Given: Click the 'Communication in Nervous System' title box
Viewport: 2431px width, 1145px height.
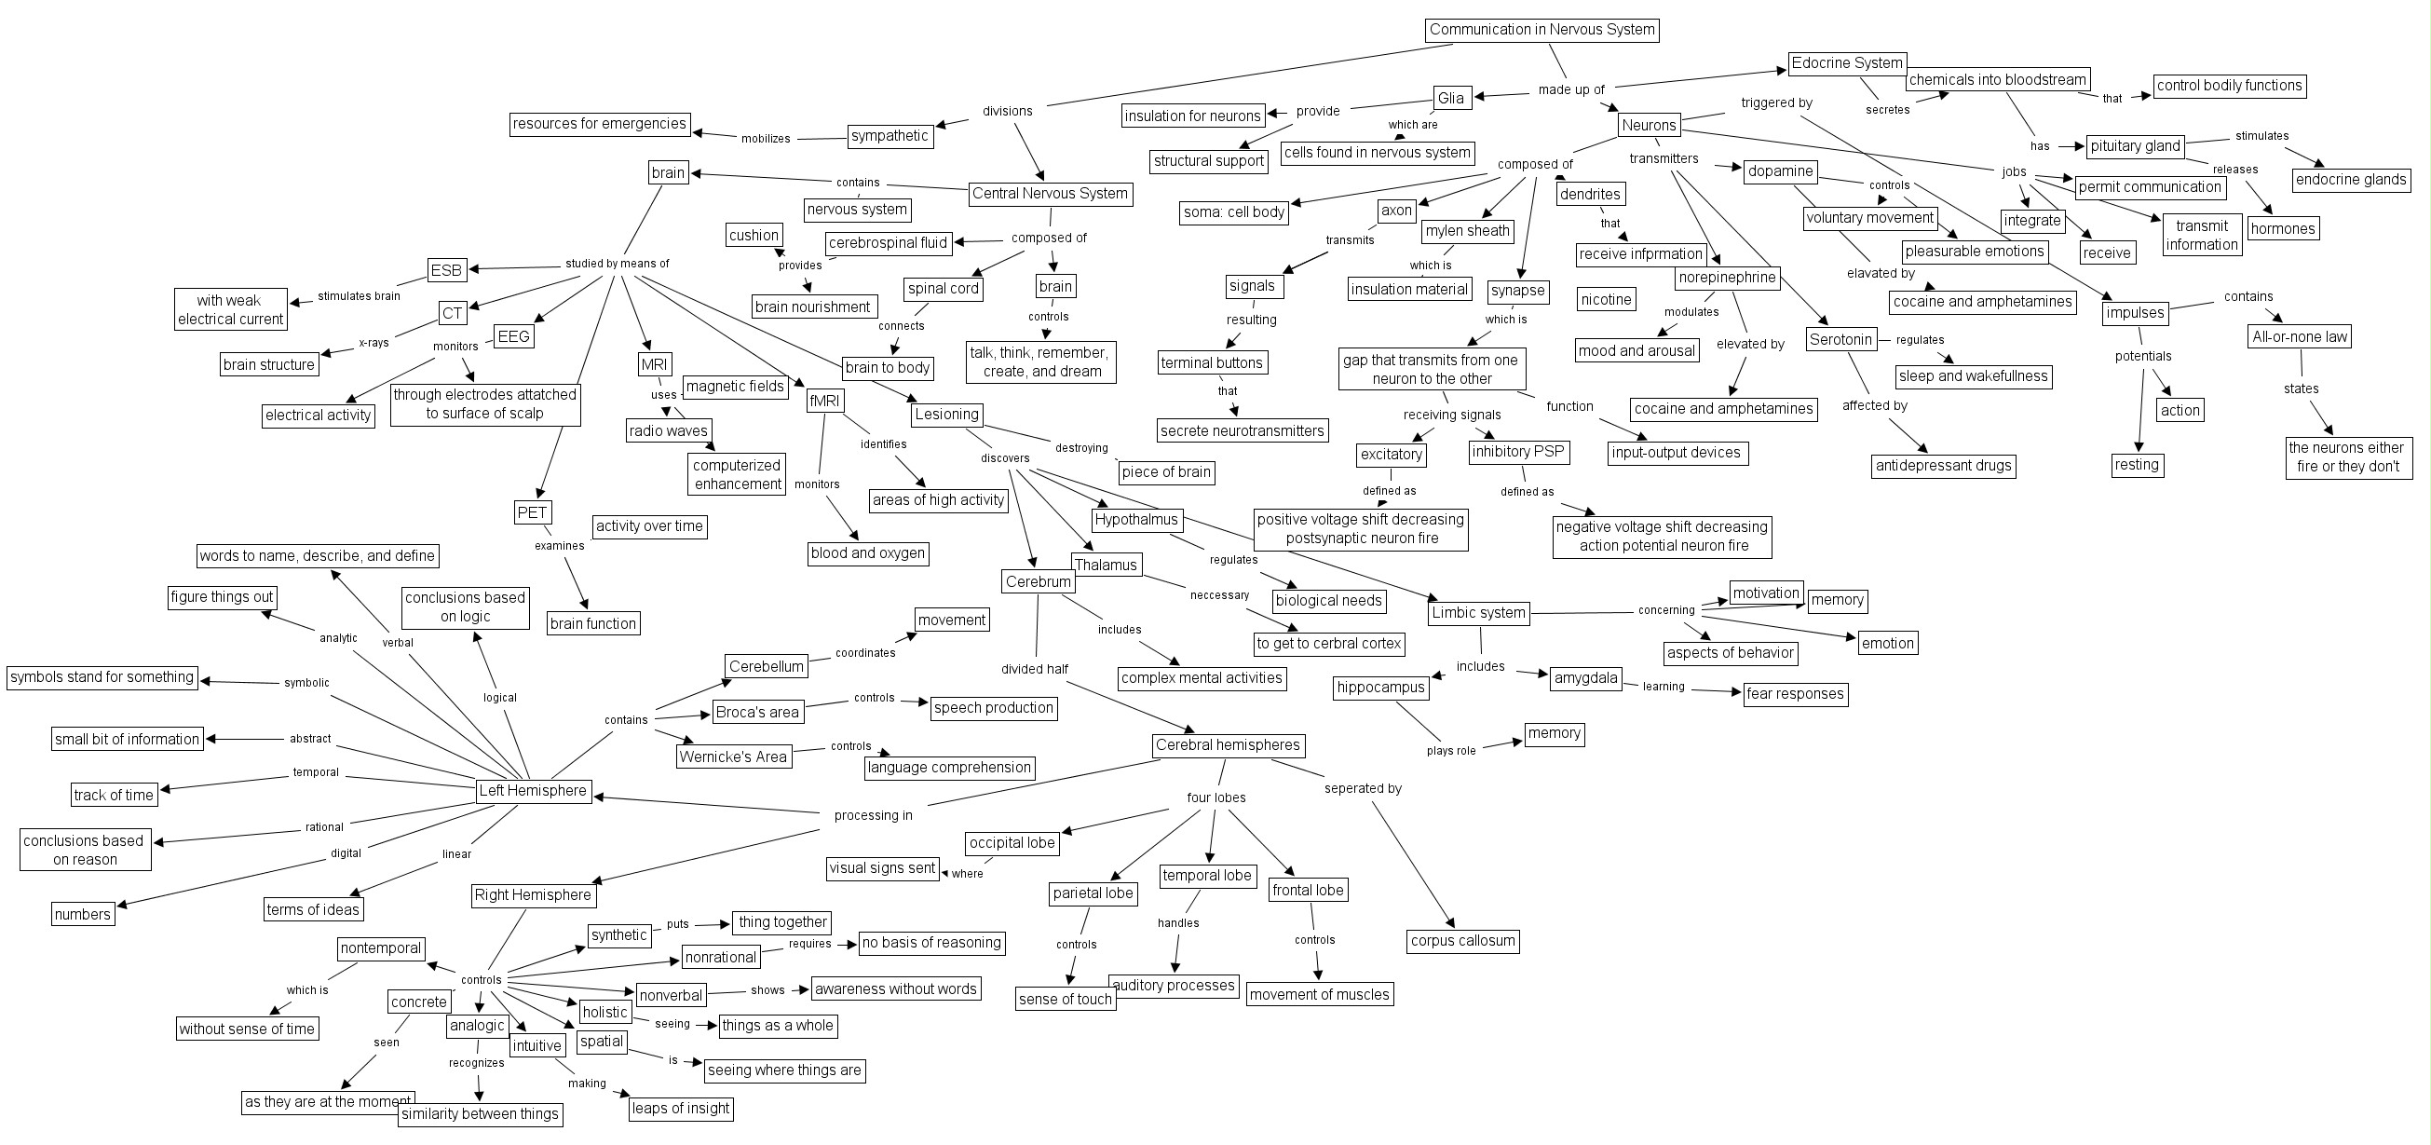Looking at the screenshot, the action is tap(1541, 30).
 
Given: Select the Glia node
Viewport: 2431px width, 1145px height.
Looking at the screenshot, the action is tap(1450, 98).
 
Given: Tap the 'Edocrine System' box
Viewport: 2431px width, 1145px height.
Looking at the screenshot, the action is tap(1847, 63).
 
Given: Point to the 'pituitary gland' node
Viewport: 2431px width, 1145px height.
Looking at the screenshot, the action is tap(2135, 146).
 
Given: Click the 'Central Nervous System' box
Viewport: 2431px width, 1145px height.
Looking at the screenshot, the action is tap(1050, 194).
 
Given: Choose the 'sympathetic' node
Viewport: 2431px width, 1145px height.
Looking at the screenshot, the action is tap(889, 136).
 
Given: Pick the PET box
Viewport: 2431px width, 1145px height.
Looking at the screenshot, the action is tap(532, 512).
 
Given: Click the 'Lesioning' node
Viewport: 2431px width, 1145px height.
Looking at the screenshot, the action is tap(946, 415).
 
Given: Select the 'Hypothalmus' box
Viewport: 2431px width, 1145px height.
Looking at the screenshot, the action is tap(1136, 520).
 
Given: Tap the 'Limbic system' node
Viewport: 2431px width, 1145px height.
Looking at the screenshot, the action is tap(1478, 613).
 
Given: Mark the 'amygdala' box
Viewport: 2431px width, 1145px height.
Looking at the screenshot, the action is tap(1585, 677).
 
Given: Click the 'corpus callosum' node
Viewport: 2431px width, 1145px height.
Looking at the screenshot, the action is tap(1462, 941).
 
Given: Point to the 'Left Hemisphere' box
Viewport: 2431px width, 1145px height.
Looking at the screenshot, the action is tap(532, 791).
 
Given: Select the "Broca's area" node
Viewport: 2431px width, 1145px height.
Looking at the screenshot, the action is tap(757, 713).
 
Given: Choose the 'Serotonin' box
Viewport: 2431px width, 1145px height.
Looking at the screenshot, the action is tap(1840, 340).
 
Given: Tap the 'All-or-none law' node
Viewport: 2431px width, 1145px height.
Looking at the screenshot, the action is tap(2299, 337).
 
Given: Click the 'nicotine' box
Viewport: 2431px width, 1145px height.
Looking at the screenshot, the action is tap(1605, 300).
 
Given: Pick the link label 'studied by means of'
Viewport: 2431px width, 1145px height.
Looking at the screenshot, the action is tap(618, 265).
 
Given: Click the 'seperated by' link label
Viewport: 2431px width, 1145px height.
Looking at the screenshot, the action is tap(1362, 789).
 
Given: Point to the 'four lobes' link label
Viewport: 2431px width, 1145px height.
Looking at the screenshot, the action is tap(1215, 798).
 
